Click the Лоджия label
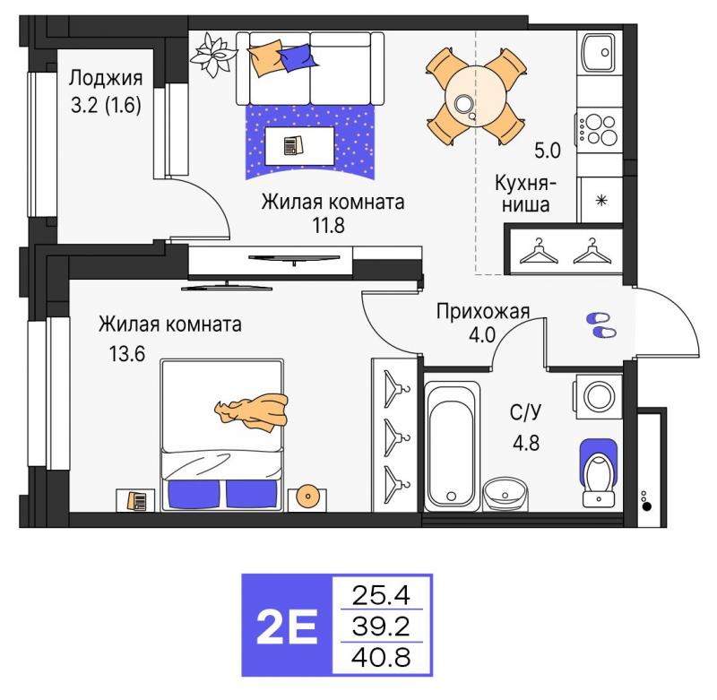point(106,79)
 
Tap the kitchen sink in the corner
point(599,52)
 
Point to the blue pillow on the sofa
point(298,57)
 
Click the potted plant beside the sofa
point(213,55)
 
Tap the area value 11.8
point(328,225)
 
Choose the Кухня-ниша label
point(525,194)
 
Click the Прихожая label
point(483,311)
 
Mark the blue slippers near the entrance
point(601,325)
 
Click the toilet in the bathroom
point(599,473)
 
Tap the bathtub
point(453,446)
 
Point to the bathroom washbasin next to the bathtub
point(505,494)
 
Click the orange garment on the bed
point(252,410)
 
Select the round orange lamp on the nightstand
point(307,496)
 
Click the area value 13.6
point(126,353)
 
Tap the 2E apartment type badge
point(287,626)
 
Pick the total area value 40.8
point(381,658)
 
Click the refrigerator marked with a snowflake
point(600,200)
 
